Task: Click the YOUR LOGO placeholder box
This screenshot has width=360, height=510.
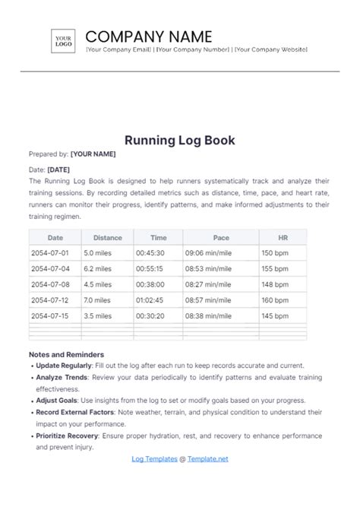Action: [63, 42]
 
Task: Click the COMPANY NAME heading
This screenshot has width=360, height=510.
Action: [149, 36]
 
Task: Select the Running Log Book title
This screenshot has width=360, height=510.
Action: [179, 140]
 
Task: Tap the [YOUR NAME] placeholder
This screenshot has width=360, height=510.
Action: [93, 154]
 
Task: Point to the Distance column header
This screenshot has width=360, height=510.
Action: [107, 237]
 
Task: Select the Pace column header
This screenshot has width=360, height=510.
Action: [220, 237]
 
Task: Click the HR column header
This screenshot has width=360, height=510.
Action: [283, 237]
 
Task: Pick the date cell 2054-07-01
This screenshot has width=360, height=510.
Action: [49, 253]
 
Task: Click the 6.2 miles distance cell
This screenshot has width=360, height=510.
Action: [98, 268]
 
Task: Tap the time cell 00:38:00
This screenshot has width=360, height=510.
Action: [150, 284]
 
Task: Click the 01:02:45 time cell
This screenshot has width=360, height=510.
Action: [150, 300]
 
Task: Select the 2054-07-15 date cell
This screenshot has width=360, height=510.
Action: [49, 315]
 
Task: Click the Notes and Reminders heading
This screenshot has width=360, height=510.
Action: [66, 354]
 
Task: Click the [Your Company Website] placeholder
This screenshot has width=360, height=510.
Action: [270, 49]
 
